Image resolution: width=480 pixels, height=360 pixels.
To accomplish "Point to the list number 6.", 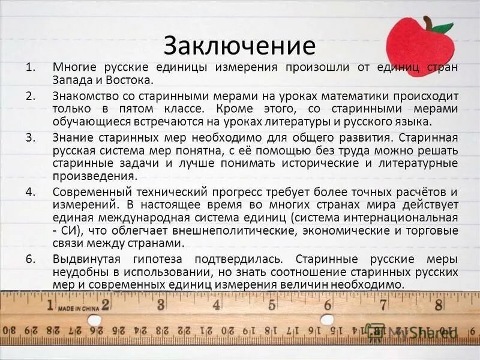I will pyautogui.click(x=31, y=259).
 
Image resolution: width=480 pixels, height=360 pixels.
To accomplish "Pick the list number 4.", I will pyautogui.click(x=31, y=192).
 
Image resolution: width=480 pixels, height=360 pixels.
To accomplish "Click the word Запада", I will pyautogui.click(x=70, y=80).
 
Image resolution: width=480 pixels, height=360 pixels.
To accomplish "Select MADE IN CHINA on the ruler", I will pyautogui.click(x=79, y=308).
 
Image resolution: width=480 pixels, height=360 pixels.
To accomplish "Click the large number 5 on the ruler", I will pyautogui.click(x=272, y=304).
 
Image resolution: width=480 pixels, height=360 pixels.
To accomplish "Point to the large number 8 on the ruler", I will pyautogui.click(x=438, y=304).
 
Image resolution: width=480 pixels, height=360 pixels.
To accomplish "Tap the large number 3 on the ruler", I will pyautogui.click(x=161, y=304).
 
